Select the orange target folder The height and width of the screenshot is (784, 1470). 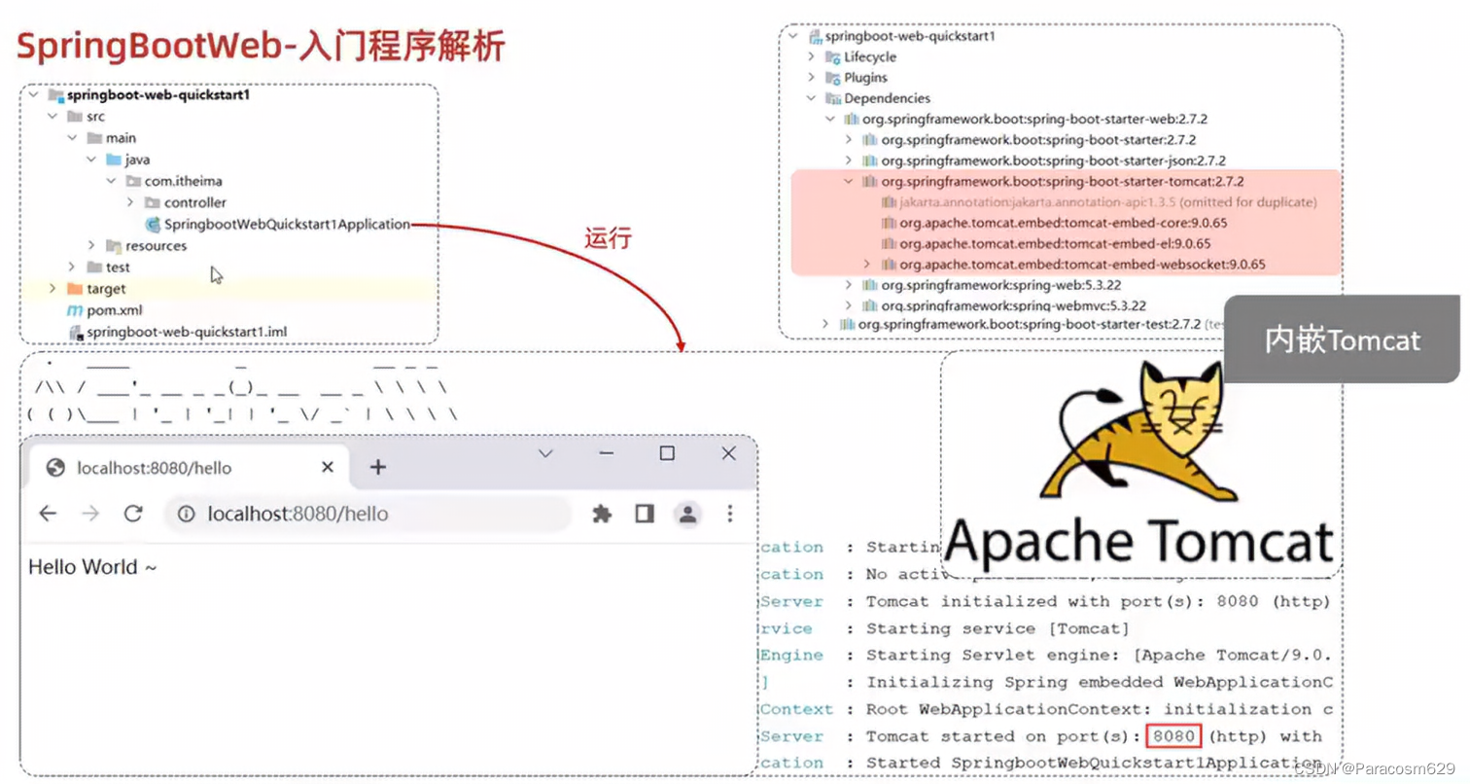(105, 289)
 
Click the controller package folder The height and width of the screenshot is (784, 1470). (194, 202)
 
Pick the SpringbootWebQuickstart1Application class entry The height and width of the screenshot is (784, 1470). (287, 224)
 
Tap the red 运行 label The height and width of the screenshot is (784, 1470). (608, 239)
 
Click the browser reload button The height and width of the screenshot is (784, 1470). (133, 514)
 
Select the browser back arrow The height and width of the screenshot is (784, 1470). (48, 514)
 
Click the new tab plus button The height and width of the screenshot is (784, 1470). (378, 468)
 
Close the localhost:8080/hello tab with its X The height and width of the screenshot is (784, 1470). (328, 468)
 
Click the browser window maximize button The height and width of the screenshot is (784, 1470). (667, 453)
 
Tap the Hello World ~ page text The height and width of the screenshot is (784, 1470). (92, 567)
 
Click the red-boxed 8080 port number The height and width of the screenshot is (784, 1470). (1174, 736)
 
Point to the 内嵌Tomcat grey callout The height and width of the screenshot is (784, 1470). (1342, 340)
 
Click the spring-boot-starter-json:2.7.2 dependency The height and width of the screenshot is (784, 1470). (1053, 160)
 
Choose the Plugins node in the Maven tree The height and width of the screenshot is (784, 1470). (865, 78)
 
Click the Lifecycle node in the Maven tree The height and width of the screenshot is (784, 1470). (869, 57)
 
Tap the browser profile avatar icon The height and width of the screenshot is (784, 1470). (687, 514)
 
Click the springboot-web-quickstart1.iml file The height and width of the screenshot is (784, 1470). (186, 332)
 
